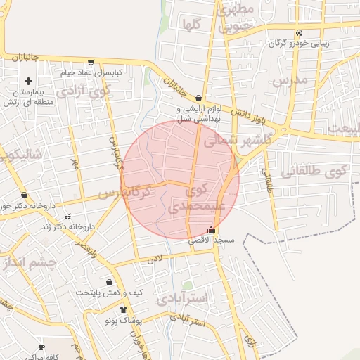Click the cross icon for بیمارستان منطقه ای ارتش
click(28, 82)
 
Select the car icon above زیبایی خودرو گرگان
click(300, 32)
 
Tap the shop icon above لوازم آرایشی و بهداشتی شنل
click(199, 98)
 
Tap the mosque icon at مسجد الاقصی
click(212, 230)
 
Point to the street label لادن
click(155, 259)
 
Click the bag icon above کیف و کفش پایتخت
click(110, 281)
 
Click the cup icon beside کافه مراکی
click(41, 347)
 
